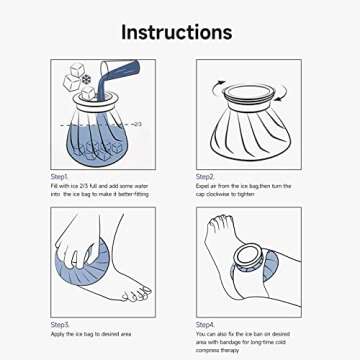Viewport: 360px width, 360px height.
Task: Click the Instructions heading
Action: click(x=179, y=31)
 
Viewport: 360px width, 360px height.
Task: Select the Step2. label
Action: click(x=207, y=176)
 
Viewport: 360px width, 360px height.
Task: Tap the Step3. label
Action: click(x=61, y=325)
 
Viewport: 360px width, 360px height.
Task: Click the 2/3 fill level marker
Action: click(x=136, y=123)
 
